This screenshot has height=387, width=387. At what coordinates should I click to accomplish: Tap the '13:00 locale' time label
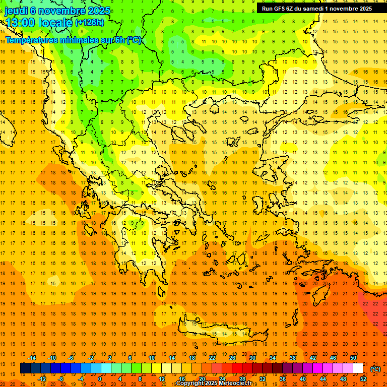[x=39, y=23]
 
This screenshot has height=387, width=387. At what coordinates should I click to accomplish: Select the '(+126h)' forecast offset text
[x=90, y=23]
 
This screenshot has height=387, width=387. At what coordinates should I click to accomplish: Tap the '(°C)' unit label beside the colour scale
[x=375, y=369]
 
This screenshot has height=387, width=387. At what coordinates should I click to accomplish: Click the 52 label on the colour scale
[x=363, y=379]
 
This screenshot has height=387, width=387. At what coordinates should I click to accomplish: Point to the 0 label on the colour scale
[x=100, y=379]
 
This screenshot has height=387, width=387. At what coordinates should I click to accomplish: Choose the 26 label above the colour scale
[x=232, y=358]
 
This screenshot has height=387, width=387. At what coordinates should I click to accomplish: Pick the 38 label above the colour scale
[x=293, y=358]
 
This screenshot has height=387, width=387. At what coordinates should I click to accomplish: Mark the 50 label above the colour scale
[x=353, y=358]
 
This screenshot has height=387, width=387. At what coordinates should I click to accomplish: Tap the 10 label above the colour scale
[x=152, y=358]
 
